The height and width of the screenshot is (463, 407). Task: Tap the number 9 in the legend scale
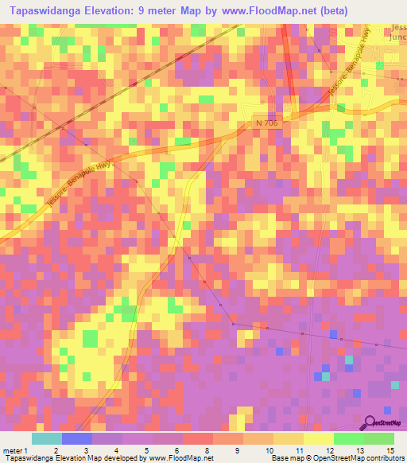pyautogui.click(x=238, y=449)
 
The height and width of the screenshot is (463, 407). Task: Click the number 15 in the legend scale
pyautogui.click(x=390, y=449)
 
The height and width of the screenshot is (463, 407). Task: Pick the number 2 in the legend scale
pyautogui.click(x=55, y=449)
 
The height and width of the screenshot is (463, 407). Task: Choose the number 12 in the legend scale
pyautogui.click(x=329, y=449)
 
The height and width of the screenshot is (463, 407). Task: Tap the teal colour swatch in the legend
pyautogui.click(x=47, y=438)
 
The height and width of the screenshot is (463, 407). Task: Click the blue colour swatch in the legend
pyautogui.click(x=77, y=438)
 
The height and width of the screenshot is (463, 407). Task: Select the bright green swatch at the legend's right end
pyautogui.click(x=378, y=438)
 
